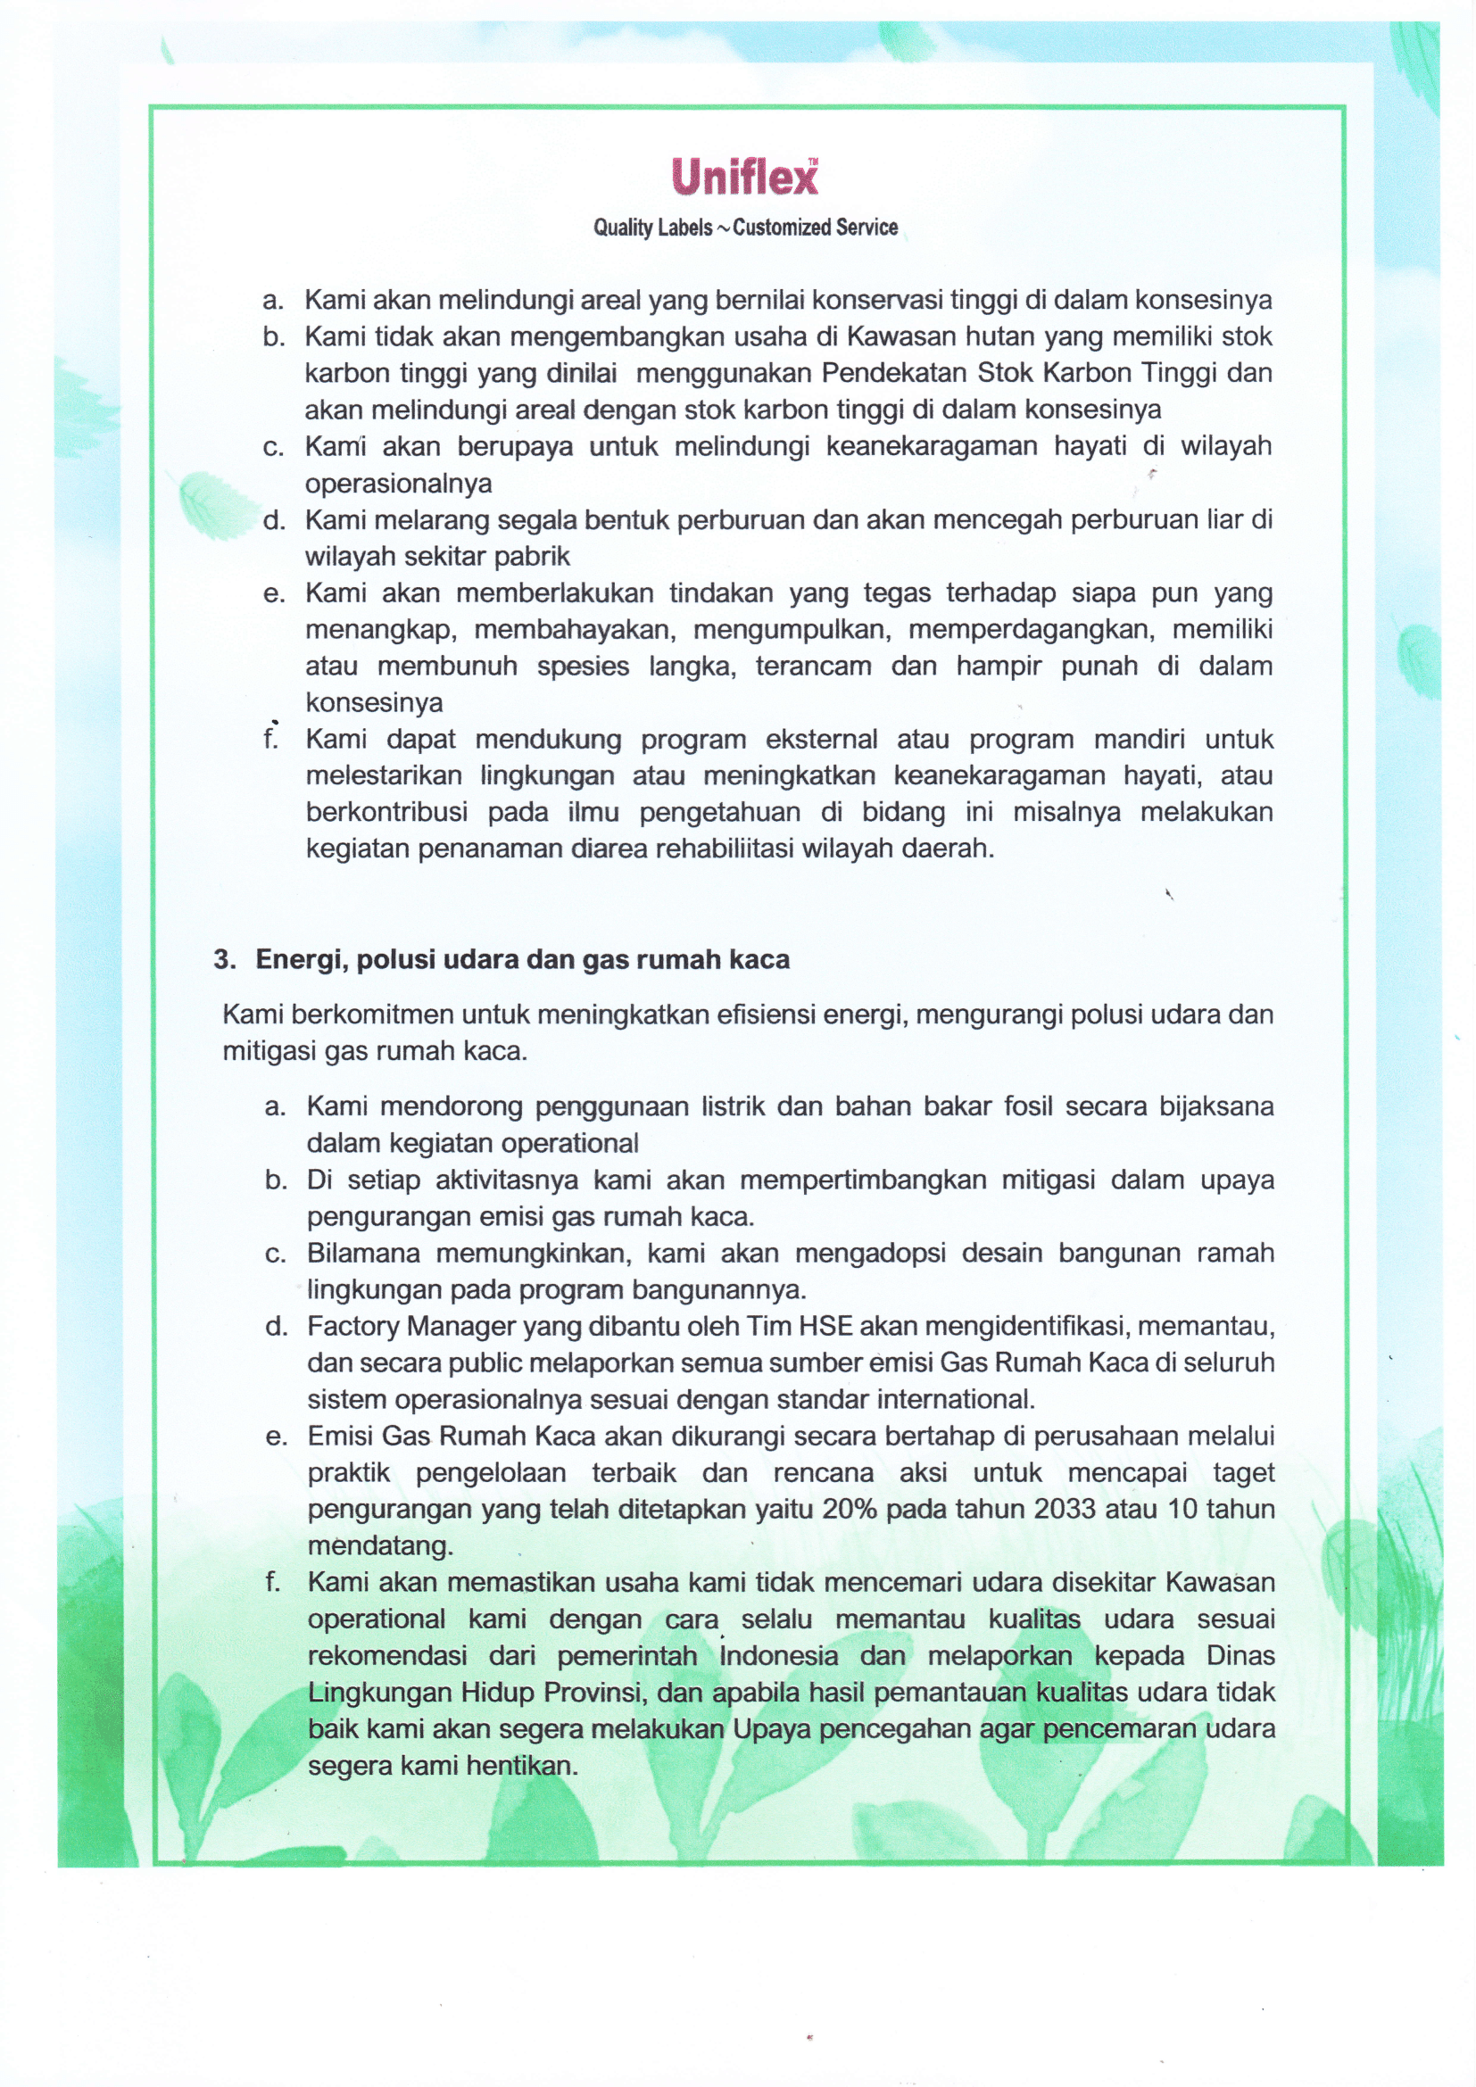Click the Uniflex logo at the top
744,177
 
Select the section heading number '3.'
226,960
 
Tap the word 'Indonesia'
779,1655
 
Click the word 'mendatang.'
380,1545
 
